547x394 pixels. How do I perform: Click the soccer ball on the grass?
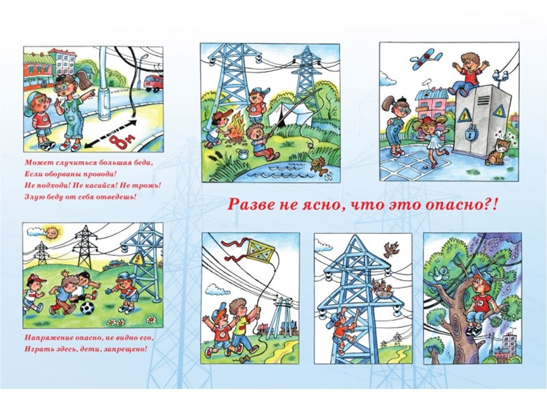(x=87, y=309)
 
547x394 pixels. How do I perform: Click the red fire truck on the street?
(x=154, y=83)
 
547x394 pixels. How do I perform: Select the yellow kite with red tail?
(x=260, y=252)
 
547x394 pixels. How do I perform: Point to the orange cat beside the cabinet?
(x=497, y=151)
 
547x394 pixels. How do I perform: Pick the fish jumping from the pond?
(x=319, y=165)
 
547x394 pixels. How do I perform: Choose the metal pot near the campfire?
(x=243, y=153)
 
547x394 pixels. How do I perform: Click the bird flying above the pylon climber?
(x=392, y=250)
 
